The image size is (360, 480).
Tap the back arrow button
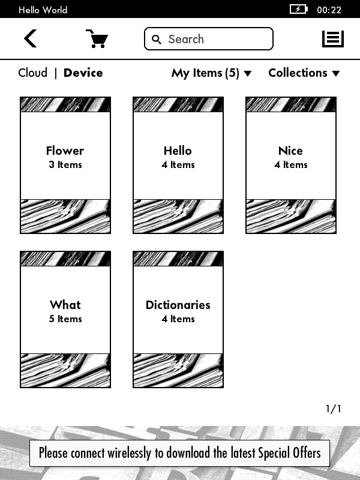click(30, 39)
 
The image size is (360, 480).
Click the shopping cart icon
click(97, 39)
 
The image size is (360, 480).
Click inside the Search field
click(216, 39)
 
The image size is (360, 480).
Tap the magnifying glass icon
click(157, 40)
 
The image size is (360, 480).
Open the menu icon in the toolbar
click(333, 39)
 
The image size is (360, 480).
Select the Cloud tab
click(32, 73)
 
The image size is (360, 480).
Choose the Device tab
click(83, 73)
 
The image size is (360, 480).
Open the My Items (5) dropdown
click(211, 73)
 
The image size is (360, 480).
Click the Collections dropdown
click(304, 73)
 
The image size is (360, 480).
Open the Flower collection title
click(65, 151)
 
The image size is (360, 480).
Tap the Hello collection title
click(178, 151)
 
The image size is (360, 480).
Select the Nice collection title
click(290, 151)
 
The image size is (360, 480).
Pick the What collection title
click(65, 305)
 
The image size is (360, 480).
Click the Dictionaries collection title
click(178, 305)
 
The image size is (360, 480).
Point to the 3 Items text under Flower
click(65, 165)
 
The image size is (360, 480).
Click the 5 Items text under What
click(65, 319)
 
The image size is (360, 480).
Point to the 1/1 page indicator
click(334, 409)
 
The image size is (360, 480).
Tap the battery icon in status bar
click(298, 10)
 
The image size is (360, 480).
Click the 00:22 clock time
click(329, 10)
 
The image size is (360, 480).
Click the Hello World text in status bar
click(43, 10)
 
